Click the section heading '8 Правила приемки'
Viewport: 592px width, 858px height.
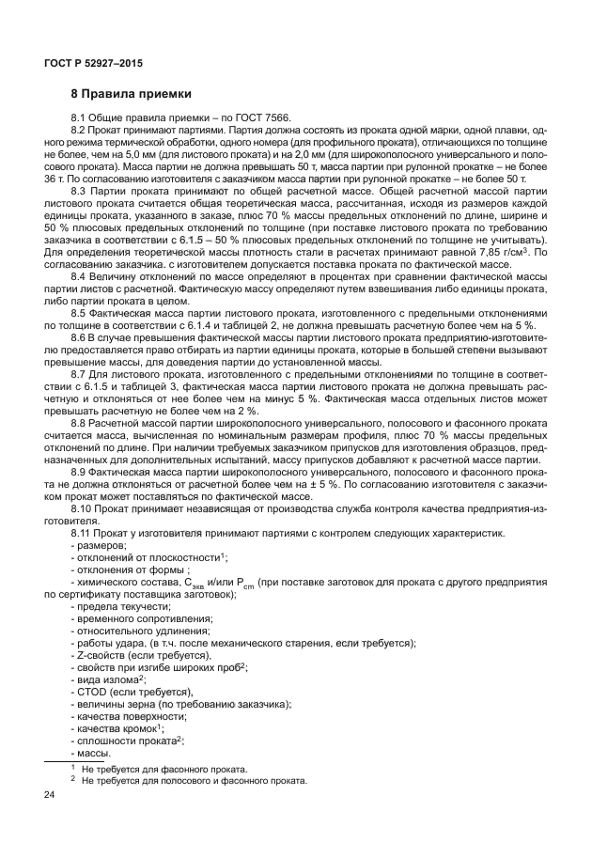tap(132, 94)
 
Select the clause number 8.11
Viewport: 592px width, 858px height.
tap(83, 533)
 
